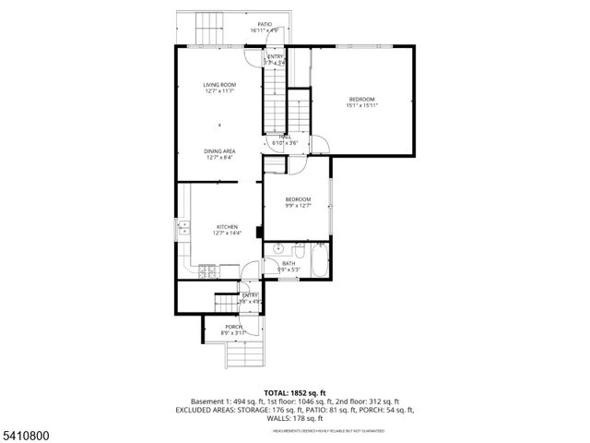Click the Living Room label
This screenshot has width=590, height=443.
click(219, 85)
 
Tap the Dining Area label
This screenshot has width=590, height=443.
click(219, 150)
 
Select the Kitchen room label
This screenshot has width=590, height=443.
click(227, 226)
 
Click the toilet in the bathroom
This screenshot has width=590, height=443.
click(298, 251)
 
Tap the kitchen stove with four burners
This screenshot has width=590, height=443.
click(207, 270)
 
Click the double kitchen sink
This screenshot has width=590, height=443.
click(183, 227)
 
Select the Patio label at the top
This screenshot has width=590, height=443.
click(265, 25)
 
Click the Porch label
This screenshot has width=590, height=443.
click(234, 327)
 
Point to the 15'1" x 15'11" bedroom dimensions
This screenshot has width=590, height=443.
click(362, 105)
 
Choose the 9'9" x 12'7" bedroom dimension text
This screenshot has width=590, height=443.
click(298, 205)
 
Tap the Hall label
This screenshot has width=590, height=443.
click(286, 138)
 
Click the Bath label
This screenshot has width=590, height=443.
click(289, 263)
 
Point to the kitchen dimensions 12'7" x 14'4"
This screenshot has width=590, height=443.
click(227, 233)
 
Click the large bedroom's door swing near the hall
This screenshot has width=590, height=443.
click(318, 144)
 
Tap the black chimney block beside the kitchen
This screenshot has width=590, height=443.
click(259, 233)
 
